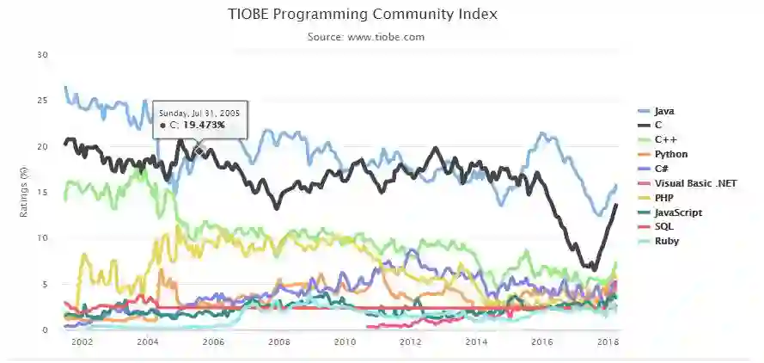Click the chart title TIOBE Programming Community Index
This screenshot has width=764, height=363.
coord(363,15)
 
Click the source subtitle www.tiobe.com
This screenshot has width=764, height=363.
coord(365,37)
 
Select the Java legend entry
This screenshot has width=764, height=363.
coord(664,112)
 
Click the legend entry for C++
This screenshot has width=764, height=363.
coord(665,139)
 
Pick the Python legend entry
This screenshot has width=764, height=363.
coord(670,154)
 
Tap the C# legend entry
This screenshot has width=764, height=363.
coord(662,169)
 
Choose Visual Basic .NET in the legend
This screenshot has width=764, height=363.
coord(695,183)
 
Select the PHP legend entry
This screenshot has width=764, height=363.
coord(664,198)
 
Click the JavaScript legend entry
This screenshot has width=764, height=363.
coord(677,212)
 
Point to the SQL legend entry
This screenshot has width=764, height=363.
coord(663,226)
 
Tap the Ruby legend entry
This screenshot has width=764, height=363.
coord(666,241)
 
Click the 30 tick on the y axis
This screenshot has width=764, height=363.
coord(43,55)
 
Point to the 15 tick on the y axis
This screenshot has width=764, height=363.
coord(43,192)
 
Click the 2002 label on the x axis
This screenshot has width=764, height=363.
coord(82,342)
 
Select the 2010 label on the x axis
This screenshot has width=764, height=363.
coord(345,342)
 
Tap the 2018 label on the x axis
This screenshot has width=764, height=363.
coord(608,342)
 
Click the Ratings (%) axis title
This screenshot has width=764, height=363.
coord(25,192)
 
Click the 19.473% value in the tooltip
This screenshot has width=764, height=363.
coord(204,126)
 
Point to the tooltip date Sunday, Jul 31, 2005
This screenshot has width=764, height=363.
coord(199,113)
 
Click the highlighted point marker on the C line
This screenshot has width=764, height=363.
coord(199,151)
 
